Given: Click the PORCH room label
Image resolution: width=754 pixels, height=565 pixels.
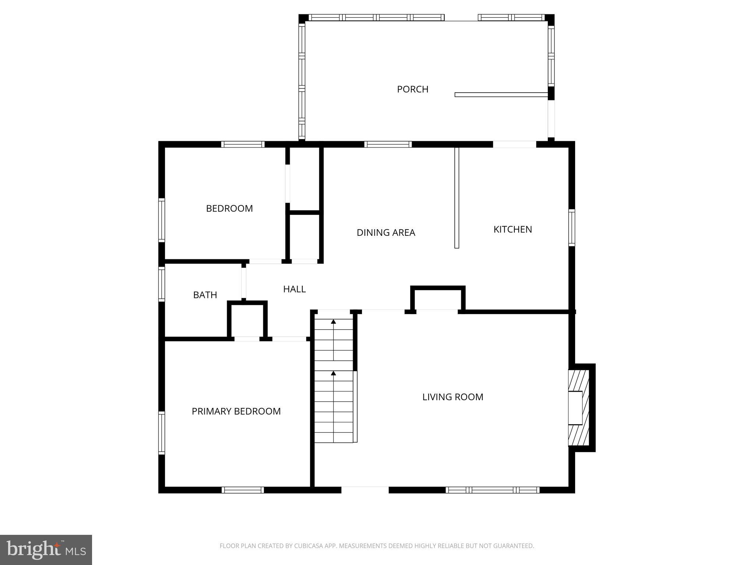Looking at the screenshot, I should pos(412,89).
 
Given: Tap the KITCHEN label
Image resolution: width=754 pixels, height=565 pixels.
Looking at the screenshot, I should pos(512,230).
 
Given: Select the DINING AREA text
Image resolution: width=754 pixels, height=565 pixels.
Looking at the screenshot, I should pos(386,232).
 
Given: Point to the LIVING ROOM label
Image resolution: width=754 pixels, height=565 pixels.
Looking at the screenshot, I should pos(452,397).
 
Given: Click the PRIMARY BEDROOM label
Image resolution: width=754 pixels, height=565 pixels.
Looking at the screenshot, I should pos(236,411).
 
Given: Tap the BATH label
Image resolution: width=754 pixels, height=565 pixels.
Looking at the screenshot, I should pos(205,295).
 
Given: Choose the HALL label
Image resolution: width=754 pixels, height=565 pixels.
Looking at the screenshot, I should pos(294,289).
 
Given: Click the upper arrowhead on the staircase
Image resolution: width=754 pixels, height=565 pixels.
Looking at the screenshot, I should pos(333,321).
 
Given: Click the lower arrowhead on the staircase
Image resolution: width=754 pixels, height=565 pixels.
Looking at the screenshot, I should pos(333,373).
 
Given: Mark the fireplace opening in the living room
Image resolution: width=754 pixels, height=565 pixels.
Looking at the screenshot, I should pos(575,408).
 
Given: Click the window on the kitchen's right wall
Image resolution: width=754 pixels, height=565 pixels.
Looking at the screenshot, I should pos(571,228).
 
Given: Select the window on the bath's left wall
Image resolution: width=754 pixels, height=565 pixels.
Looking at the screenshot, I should pos(162,284).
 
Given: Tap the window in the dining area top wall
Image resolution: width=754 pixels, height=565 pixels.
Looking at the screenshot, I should pos(388,144).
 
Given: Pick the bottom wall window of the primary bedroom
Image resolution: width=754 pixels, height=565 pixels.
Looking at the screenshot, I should pos(243,490).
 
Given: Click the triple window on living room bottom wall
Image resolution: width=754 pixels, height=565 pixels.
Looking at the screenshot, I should pos(492,490).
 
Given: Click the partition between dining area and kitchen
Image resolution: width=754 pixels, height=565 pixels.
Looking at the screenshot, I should pos(457,198).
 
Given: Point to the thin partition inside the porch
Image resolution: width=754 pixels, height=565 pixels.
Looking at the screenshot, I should pos(501,95).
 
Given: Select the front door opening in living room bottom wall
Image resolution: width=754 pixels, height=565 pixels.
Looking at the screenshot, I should pos(365,490).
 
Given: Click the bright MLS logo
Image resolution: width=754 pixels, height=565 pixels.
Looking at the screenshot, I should pos(46,550).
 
